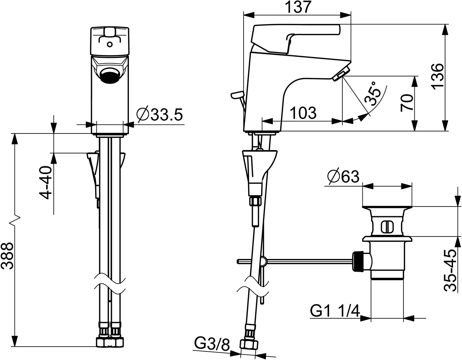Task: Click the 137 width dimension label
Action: pyautogui.click(x=298, y=7)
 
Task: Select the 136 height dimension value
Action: pyautogui.click(x=437, y=76)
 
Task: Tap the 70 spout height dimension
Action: pyautogui.click(x=407, y=102)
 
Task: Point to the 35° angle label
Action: pyautogui.click(x=374, y=94)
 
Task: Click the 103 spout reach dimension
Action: pyautogui.click(x=303, y=113)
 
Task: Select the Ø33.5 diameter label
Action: pyautogui.click(x=159, y=114)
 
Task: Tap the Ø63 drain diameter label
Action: pyautogui.click(x=343, y=177)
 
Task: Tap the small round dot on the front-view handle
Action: pyautogui.click(x=110, y=44)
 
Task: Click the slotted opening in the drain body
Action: pyautogui.click(x=387, y=227)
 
